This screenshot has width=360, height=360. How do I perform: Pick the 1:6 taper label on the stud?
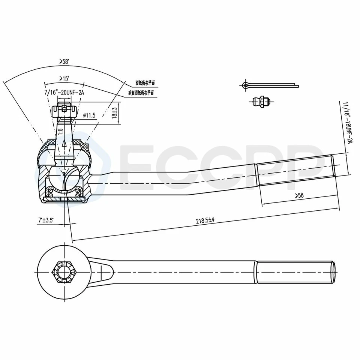60,132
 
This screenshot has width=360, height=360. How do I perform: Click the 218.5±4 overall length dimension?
205,221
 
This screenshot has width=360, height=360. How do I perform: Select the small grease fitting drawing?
261,102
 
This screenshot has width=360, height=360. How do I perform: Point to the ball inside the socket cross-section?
64,176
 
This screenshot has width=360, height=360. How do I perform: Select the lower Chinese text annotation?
141,93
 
